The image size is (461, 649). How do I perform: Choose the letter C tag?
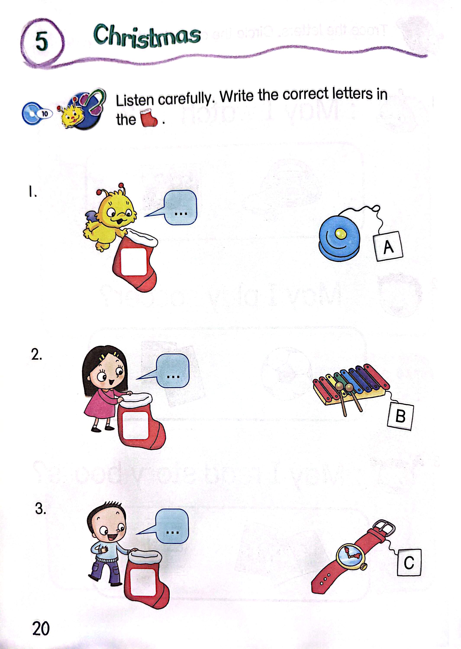pos(409,562)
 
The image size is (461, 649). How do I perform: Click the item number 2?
pos(36,355)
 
